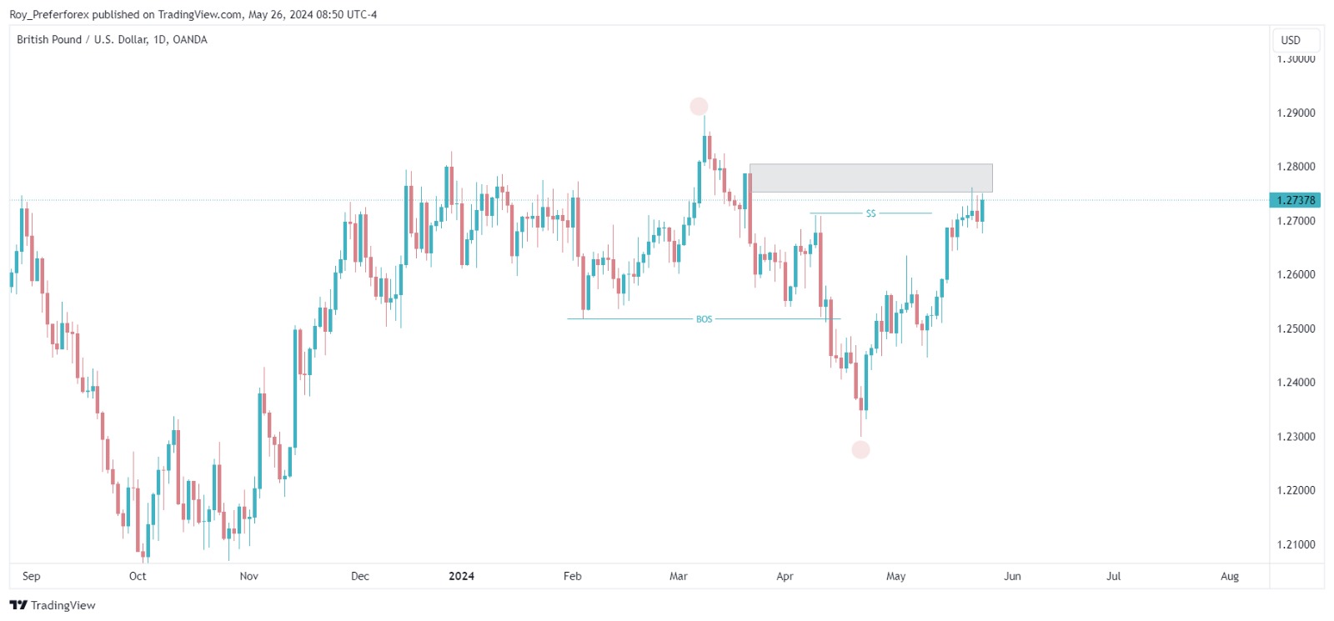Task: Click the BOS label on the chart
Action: pos(704,319)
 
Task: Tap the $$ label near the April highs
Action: pos(870,214)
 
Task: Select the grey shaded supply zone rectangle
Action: pos(870,178)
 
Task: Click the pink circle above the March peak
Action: pos(699,107)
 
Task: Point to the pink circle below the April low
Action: pos(860,450)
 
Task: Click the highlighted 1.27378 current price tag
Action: pos(1295,200)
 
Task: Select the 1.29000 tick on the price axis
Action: pos(1296,113)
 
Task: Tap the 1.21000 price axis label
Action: pos(1296,544)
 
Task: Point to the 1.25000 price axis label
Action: pos(1296,329)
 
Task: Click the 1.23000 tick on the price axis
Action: pos(1296,437)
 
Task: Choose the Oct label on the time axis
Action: pos(138,576)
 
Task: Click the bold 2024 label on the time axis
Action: pos(461,576)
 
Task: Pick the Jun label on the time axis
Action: pos(1012,576)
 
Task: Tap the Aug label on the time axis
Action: pos(1230,576)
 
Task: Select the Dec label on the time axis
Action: pos(360,576)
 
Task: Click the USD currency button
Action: pos(1291,40)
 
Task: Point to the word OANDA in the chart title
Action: pos(190,39)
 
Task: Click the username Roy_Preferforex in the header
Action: pos(48,14)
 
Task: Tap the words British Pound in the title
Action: pos(49,39)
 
